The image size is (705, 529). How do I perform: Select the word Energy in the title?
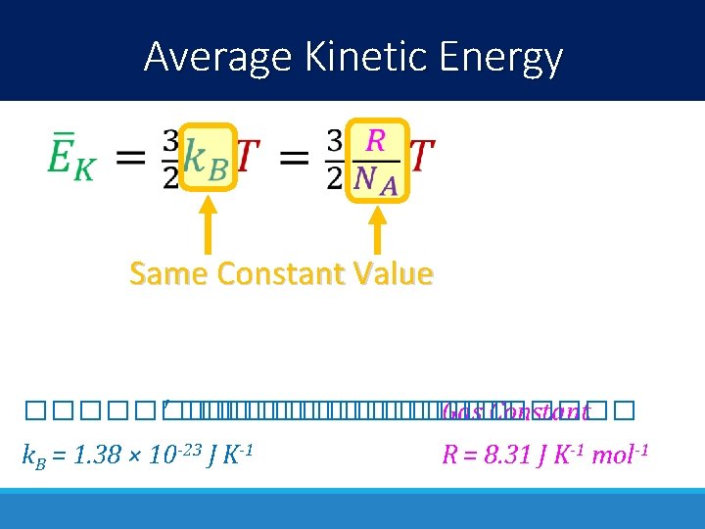pos(506,57)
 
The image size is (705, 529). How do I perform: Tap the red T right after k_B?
pos(249,156)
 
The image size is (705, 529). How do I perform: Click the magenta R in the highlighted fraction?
pos(375,140)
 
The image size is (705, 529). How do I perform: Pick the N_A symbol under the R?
pos(376,179)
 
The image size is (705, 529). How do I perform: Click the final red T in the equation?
pos(421,156)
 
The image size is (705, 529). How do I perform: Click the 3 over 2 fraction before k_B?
pos(170,159)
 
